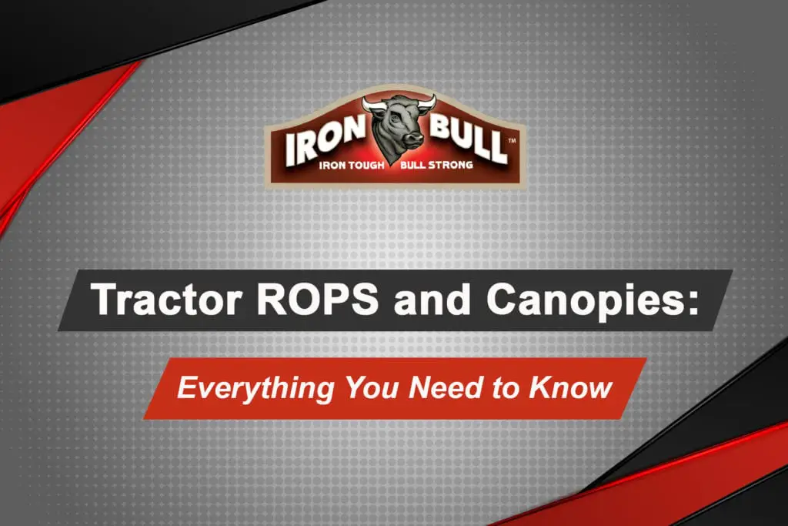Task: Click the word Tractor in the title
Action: pos(167,300)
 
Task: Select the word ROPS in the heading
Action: pos(317,300)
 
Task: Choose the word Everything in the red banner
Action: pos(255,388)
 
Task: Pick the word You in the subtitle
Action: pos(372,387)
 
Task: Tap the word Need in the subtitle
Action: pos(446,387)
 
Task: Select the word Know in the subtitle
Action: pos(570,387)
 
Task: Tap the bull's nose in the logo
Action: pos(412,138)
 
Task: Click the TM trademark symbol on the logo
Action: pos(512,141)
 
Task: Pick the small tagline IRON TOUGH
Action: pos(352,165)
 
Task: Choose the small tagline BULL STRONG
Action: pos(436,165)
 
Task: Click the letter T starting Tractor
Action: pos(102,300)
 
